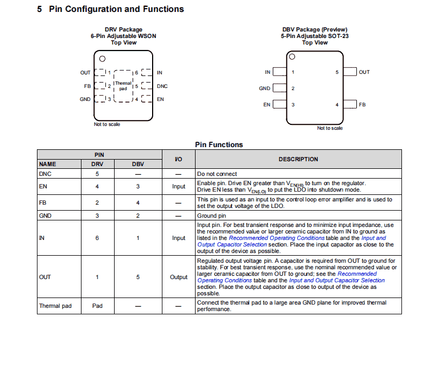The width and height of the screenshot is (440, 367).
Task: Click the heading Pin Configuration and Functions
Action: [116, 9]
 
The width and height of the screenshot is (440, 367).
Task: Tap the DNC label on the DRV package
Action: [162, 86]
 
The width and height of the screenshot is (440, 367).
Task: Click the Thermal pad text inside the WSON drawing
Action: [123, 85]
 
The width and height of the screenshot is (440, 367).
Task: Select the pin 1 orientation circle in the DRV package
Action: [102, 59]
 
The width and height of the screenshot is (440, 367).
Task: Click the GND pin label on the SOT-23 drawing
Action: [265, 88]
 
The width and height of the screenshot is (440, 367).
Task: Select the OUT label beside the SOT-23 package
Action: [364, 72]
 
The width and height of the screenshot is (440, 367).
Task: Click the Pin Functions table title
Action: [219, 144]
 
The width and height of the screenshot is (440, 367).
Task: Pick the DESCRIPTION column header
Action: [298, 159]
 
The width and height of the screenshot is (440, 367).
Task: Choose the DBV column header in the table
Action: [138, 164]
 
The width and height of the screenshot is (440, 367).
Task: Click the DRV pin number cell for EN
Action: [97, 186]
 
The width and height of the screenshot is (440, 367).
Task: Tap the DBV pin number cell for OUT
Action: [138, 277]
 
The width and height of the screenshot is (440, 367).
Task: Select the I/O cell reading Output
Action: [179, 277]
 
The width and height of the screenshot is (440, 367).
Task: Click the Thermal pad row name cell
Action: [55, 306]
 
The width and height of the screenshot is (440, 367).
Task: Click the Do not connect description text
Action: [217, 174]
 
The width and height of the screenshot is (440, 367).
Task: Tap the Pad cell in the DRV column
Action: [97, 306]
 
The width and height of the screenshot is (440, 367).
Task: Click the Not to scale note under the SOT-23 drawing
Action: [330, 128]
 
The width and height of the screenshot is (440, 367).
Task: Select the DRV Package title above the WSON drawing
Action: [123, 29]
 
